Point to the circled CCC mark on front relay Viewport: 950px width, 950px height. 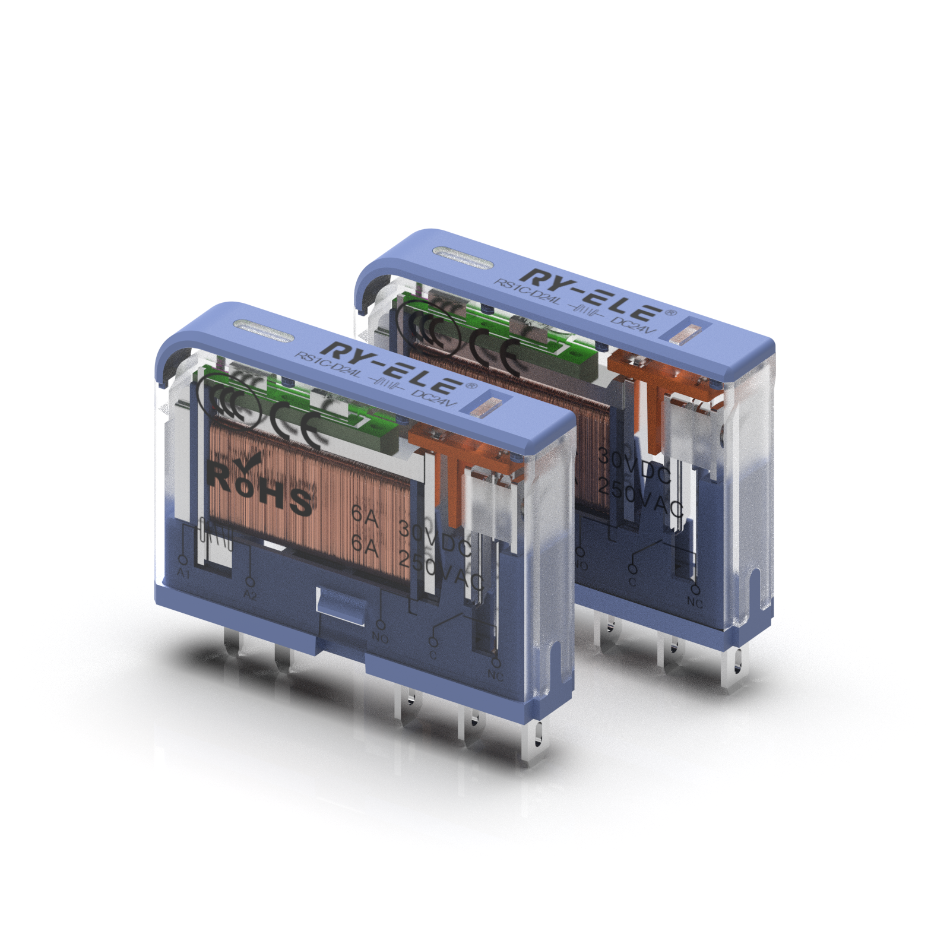click(229, 401)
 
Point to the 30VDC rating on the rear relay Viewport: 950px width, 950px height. click(634, 467)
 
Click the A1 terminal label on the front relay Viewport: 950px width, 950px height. click(183, 574)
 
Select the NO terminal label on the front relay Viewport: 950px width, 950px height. click(380, 638)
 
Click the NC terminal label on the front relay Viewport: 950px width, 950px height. click(495, 676)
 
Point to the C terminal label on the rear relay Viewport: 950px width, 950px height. click(632, 582)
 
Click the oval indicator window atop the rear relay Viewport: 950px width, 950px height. click(463, 257)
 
